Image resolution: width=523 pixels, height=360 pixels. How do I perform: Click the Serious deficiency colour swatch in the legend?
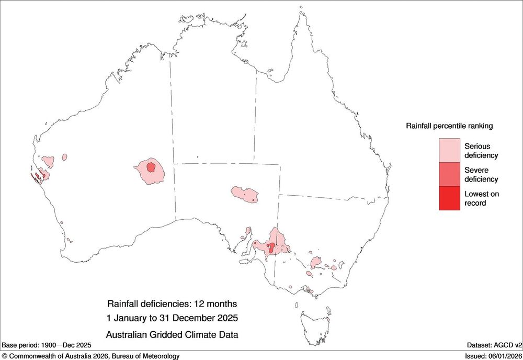pyautogui.click(x=449, y=150)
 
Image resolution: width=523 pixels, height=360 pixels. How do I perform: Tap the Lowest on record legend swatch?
pyautogui.click(x=449, y=198)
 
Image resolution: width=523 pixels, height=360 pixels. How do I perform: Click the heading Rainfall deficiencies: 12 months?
pyautogui.click(x=172, y=303)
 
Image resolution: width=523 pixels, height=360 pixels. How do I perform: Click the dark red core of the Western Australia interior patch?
pyautogui.click(x=151, y=167)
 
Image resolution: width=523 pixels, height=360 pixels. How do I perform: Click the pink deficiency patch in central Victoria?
pyautogui.click(x=315, y=262)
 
